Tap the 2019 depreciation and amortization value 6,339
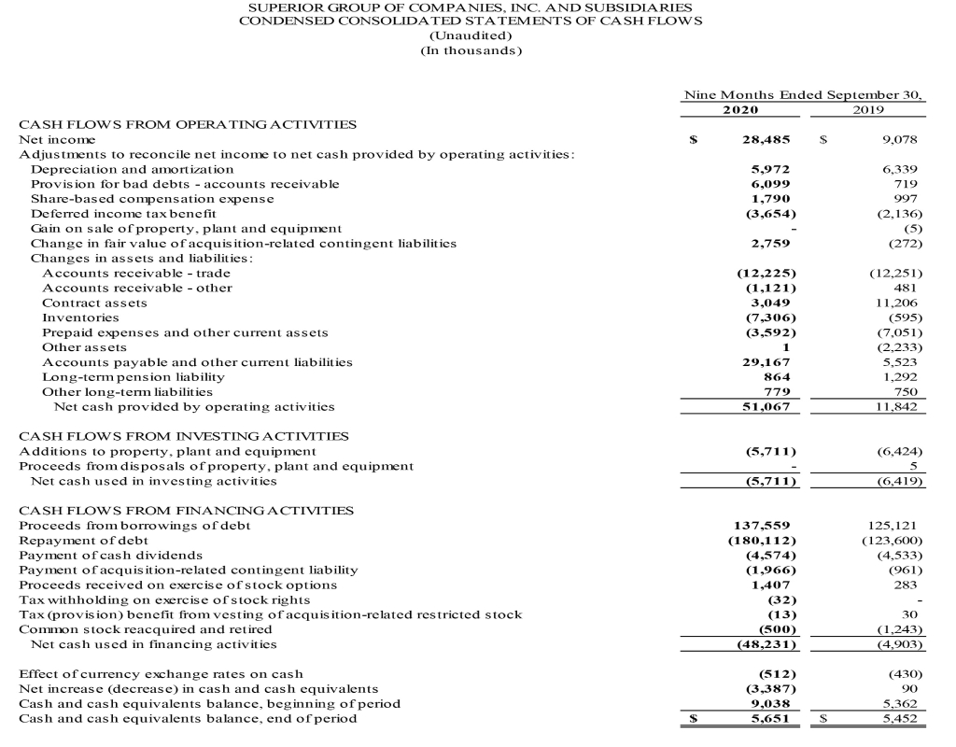coord(900,169)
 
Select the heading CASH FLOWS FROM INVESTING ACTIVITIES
coord(184,436)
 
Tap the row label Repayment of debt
coord(84,541)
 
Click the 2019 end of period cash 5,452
coord(900,719)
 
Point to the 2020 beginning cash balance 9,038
coord(771,703)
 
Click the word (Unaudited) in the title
coord(471,35)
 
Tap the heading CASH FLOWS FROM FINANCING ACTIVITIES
coord(187,511)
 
